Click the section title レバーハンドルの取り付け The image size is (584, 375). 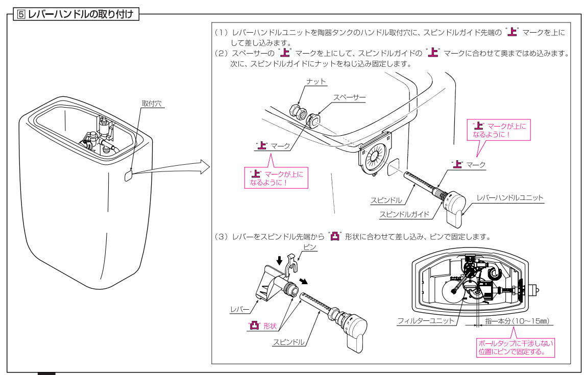pos(77,14)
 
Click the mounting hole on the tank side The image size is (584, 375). pos(128,174)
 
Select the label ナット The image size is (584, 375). pos(316,81)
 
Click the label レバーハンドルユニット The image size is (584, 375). pos(509,197)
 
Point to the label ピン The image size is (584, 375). pos(310,247)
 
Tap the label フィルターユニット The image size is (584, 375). pos(426,321)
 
